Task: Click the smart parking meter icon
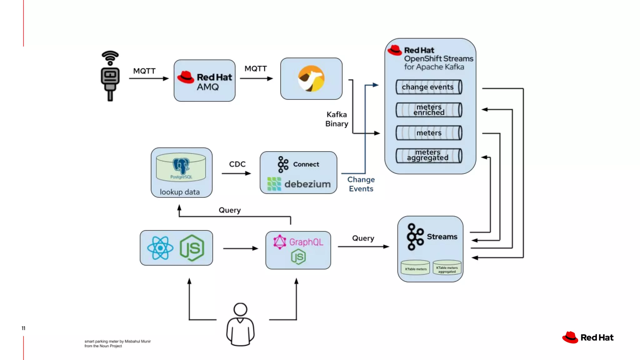110,76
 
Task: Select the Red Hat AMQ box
205,81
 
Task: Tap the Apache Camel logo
311,78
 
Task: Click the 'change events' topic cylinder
429,87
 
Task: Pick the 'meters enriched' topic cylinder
429,110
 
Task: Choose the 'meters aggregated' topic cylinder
429,155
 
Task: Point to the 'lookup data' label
180,192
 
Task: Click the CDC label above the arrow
237,164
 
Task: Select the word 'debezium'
307,184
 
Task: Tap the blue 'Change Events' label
361,184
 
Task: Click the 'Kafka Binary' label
337,119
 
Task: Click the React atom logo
160,248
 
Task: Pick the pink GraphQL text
306,242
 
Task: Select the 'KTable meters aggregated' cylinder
447,268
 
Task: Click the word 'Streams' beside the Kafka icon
442,237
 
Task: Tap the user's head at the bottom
240,309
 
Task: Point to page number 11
23,328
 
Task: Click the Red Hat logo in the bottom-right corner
588,337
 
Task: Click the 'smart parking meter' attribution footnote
117,343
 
